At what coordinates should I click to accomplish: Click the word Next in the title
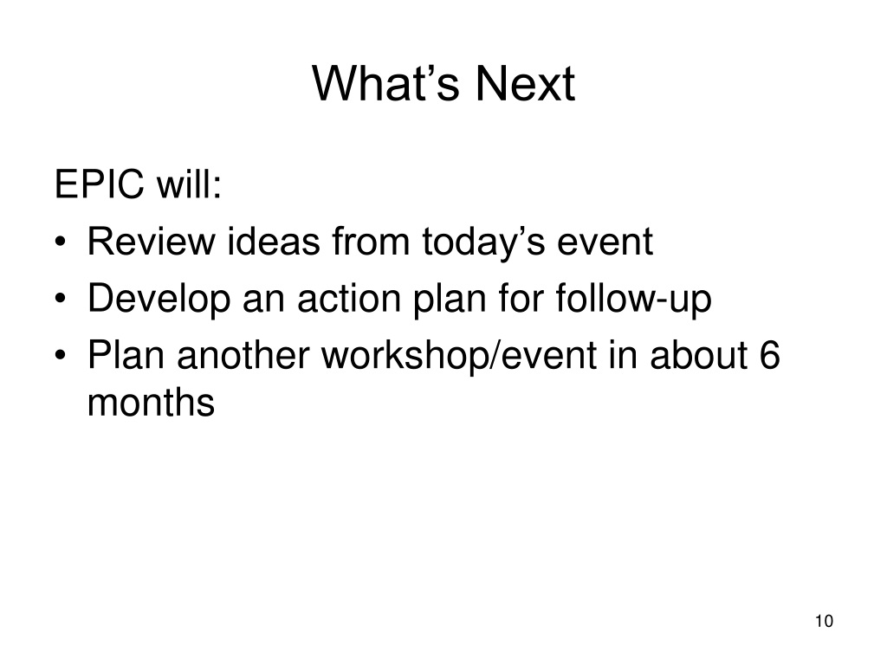(x=525, y=84)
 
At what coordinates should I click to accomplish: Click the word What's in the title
(x=385, y=84)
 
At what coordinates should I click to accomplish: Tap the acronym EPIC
(x=100, y=184)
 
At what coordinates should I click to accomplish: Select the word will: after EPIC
(x=188, y=184)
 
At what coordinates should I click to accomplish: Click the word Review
(x=151, y=242)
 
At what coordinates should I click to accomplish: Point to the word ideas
(x=274, y=242)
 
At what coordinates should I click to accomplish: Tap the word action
(x=349, y=298)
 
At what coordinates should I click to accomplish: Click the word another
(x=243, y=355)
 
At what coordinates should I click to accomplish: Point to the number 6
(x=770, y=355)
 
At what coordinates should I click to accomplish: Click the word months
(x=151, y=402)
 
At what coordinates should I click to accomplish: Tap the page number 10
(x=825, y=621)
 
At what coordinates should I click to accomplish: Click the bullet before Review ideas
(x=61, y=242)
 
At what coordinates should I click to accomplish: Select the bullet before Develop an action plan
(x=61, y=299)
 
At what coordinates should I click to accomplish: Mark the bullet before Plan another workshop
(x=61, y=356)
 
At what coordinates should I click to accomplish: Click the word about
(x=699, y=355)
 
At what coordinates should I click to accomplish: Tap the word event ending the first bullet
(x=605, y=242)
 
